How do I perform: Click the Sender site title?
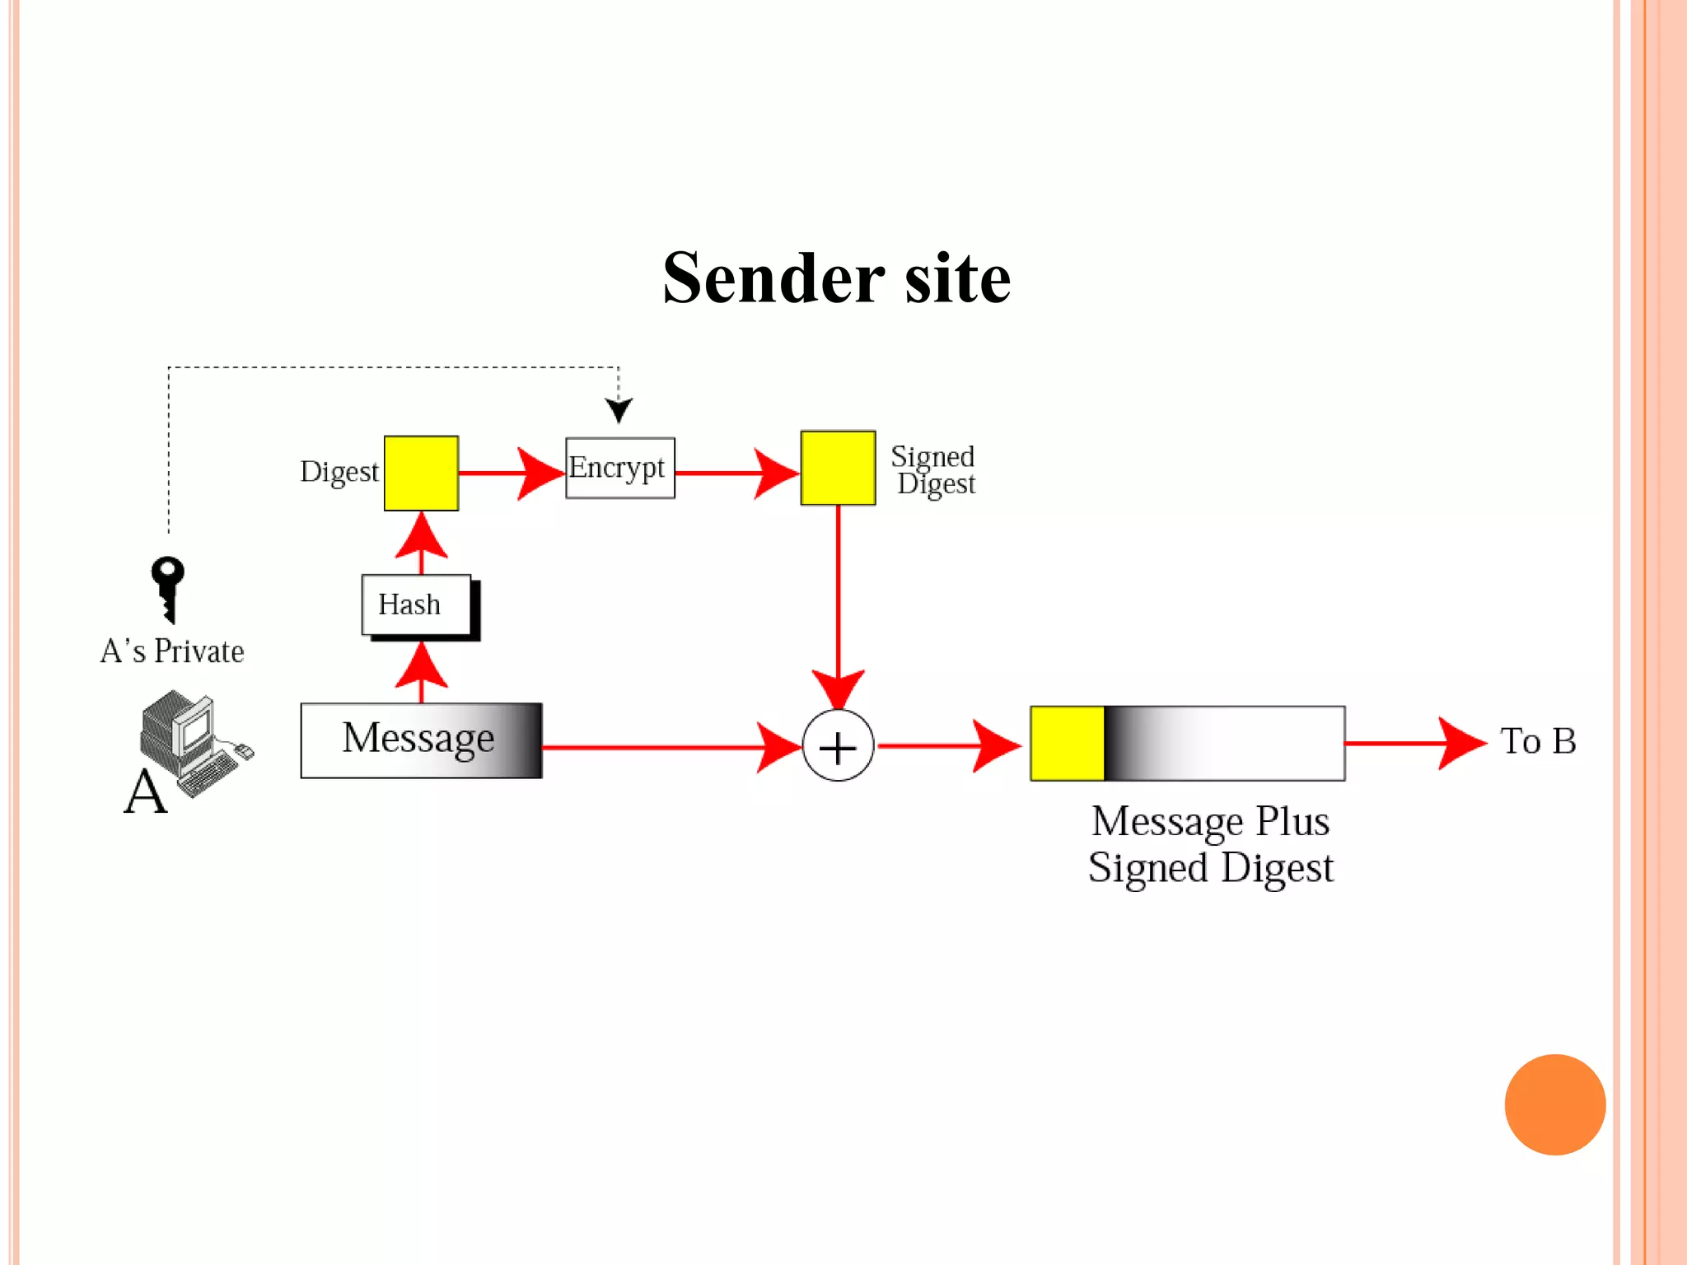[x=836, y=278]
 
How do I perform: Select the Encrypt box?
[x=619, y=468]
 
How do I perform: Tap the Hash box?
[x=416, y=605]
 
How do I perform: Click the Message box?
[x=421, y=740]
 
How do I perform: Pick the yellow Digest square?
[x=421, y=474]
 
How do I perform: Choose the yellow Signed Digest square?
[x=838, y=468]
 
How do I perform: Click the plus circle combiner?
[x=838, y=746]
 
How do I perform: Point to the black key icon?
[x=168, y=588]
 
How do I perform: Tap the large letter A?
[x=146, y=792]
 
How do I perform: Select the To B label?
[x=1537, y=741]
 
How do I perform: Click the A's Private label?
[x=172, y=651]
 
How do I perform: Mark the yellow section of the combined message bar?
[x=1067, y=743]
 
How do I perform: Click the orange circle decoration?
[x=1554, y=1104]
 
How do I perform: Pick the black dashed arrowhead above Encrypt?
[x=619, y=409]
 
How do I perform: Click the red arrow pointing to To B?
[x=1417, y=743]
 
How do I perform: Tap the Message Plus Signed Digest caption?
[x=1210, y=844]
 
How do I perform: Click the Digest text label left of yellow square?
[x=339, y=472]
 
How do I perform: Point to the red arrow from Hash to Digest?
[x=421, y=542]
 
